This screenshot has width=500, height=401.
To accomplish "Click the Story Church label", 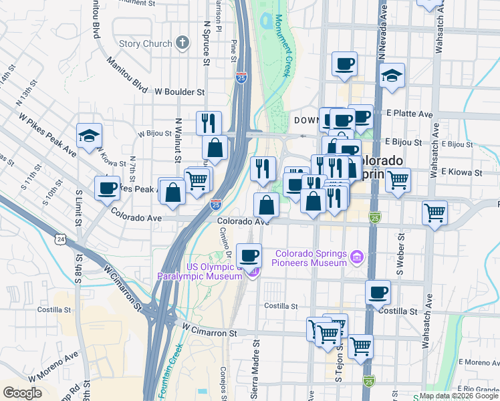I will pyautogui.click(x=145, y=44).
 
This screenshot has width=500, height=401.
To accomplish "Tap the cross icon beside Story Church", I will pyautogui.click(x=182, y=44).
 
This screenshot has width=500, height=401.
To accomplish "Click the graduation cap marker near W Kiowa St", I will pyautogui.click(x=89, y=136).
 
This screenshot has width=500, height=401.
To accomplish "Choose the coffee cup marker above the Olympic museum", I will pyautogui.click(x=249, y=255).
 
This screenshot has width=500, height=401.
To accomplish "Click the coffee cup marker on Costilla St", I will pyautogui.click(x=378, y=292).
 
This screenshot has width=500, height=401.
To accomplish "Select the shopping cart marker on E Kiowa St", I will pyautogui.click(x=398, y=179).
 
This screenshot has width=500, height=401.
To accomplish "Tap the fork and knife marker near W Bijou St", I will pyautogui.click(x=209, y=122).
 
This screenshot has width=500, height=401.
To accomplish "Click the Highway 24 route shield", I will pyautogui.click(x=61, y=239).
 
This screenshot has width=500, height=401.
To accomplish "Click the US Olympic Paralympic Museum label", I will pyautogui.click(x=199, y=272).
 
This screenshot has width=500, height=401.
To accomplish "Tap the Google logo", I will pyautogui.click(x=23, y=393).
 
